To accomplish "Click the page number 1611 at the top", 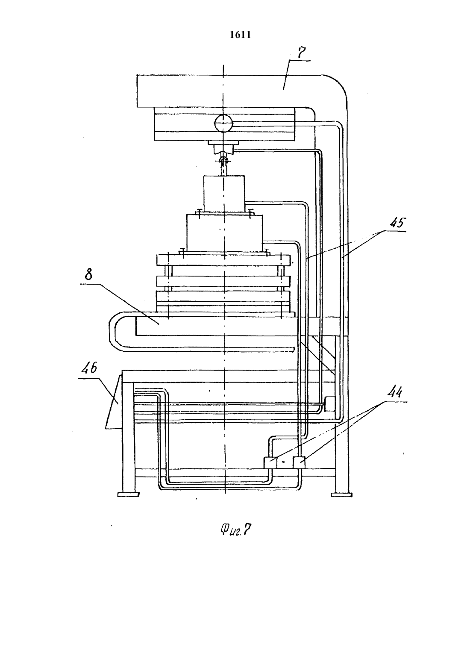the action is (x=240, y=35).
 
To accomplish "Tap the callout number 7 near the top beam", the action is (x=301, y=53).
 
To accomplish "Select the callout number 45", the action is (x=397, y=223).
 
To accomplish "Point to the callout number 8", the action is (x=88, y=275).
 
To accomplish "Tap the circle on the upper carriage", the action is (x=223, y=123).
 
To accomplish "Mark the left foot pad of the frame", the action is (x=129, y=494).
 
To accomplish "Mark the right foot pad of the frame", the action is (x=342, y=494).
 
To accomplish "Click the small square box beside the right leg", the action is (x=330, y=404).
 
